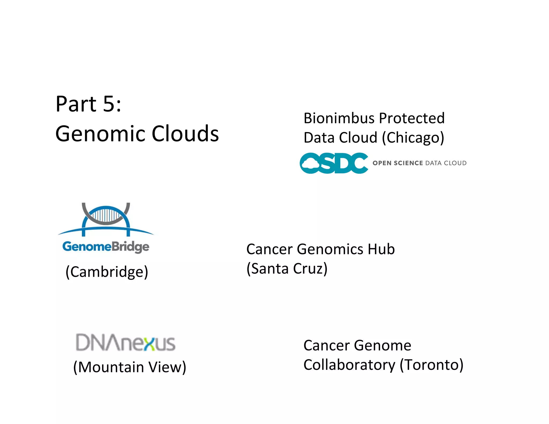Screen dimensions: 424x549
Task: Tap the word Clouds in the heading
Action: (x=185, y=134)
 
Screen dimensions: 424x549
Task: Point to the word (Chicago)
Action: (x=413, y=138)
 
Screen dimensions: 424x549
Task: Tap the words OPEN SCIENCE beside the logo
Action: (x=398, y=163)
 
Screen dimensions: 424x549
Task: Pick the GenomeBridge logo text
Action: (x=106, y=247)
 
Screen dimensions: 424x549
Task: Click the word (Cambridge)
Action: (x=107, y=272)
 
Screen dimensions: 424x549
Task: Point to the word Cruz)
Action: (x=310, y=269)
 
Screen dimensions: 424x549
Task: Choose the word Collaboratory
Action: (x=349, y=365)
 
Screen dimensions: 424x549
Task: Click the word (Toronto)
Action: (x=431, y=365)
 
